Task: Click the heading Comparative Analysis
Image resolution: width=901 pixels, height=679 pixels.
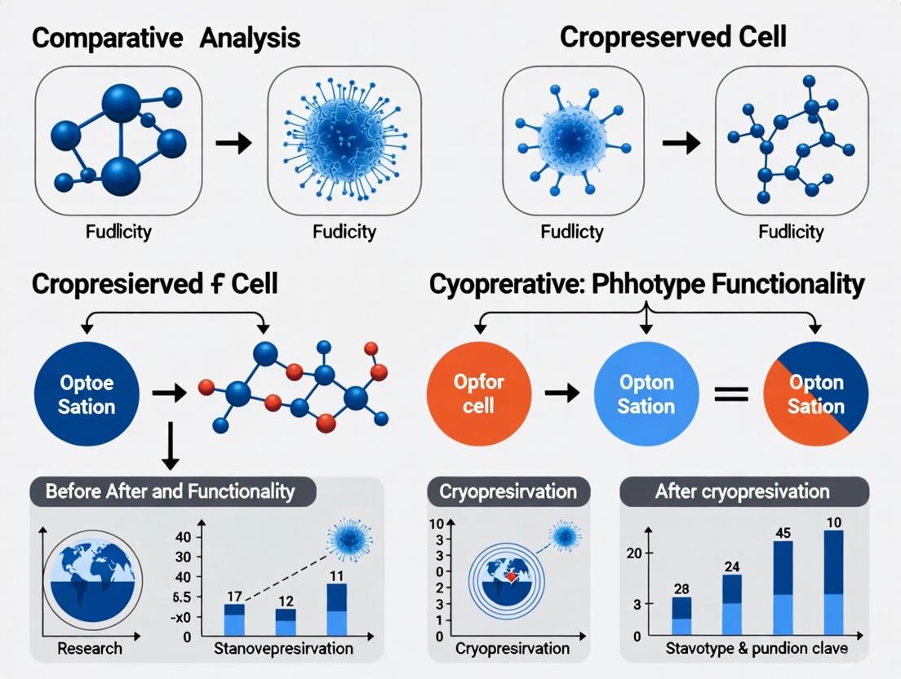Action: coord(166,38)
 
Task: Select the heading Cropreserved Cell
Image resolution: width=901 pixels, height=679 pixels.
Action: coord(673,38)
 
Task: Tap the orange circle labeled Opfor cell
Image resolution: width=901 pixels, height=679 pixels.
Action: coord(479,393)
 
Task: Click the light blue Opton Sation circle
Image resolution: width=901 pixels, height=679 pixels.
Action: coord(646,393)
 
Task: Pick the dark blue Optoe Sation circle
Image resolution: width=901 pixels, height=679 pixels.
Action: coord(87,394)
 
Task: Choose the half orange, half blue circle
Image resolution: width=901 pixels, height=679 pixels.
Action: coord(815,393)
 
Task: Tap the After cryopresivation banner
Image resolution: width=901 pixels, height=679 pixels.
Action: coord(742,492)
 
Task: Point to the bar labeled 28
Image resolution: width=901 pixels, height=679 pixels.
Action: coord(681,617)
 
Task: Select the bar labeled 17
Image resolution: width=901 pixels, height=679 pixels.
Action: coord(234,620)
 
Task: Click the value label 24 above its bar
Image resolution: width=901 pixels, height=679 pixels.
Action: coord(731,566)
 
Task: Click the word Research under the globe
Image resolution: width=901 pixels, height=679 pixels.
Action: coord(90,650)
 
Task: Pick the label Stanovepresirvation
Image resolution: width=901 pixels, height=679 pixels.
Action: coord(283,650)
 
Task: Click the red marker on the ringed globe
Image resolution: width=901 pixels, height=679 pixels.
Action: coord(509,577)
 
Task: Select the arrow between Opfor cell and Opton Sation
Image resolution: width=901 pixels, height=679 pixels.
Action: coord(562,393)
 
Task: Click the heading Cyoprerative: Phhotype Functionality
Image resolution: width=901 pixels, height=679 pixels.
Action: coord(646,284)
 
